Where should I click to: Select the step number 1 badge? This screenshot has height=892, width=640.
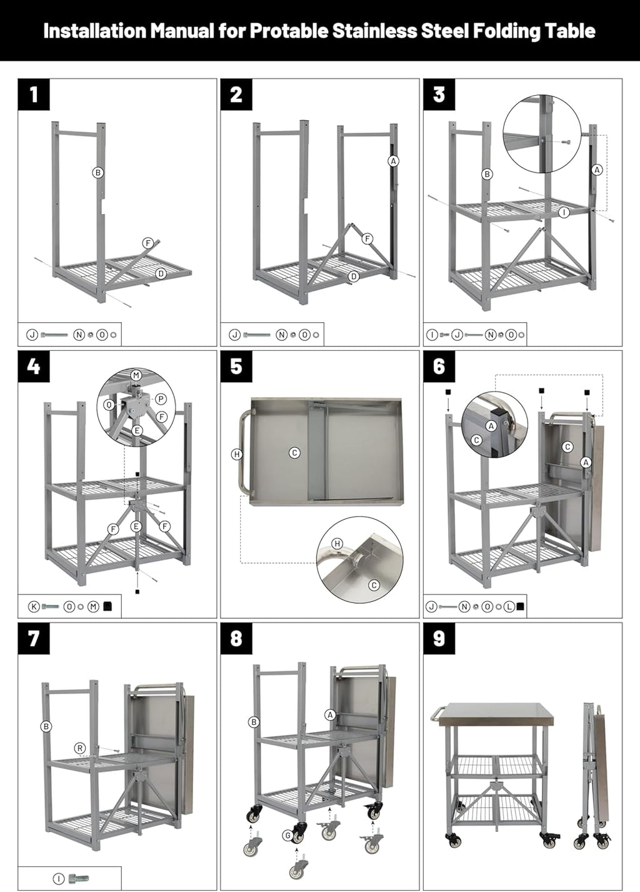point(34,94)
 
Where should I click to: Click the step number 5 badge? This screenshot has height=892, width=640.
point(236,366)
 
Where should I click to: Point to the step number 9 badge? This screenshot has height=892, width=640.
point(439,638)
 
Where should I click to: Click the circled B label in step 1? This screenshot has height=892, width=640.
point(98,173)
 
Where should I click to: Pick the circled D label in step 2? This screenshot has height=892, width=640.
point(354,276)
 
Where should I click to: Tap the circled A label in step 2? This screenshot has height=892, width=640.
point(393,161)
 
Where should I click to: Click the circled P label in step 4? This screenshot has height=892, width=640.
point(161,399)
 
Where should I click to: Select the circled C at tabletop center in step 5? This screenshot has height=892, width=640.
point(295,453)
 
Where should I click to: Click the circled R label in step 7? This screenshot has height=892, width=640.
point(79,748)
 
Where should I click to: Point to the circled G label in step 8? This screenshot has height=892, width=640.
point(287,835)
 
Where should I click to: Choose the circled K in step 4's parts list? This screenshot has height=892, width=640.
point(34,606)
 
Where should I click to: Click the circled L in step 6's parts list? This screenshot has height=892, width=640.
point(509,606)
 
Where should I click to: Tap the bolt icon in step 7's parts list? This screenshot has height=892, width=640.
point(79,879)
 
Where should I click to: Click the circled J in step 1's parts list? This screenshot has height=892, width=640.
point(31,335)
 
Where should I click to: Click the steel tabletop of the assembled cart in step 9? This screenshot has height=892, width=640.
point(496,715)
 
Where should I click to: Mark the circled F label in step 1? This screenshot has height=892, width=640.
point(148,243)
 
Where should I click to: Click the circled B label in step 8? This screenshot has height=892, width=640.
point(254,722)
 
